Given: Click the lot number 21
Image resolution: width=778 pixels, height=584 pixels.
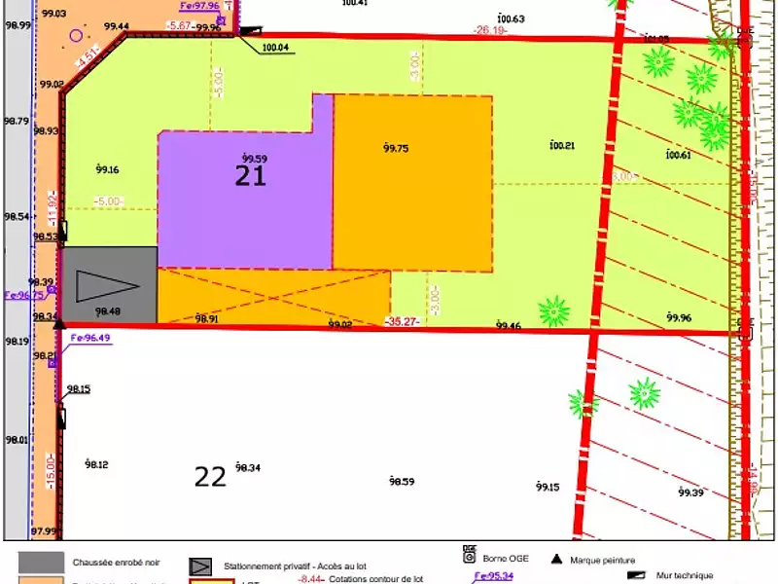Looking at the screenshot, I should coord(250,175).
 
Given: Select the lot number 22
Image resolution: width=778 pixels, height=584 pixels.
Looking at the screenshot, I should coord(210,476).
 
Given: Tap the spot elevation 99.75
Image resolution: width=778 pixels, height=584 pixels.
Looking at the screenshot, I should coord(396,148).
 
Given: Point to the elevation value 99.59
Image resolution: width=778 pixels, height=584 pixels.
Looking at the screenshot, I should coord(255,159).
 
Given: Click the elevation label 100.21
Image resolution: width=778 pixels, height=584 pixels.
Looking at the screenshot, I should coord(562,146).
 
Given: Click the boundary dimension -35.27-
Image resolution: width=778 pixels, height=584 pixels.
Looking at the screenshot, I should coord(404,320).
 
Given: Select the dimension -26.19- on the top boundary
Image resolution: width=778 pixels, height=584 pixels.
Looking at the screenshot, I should coord(490,30).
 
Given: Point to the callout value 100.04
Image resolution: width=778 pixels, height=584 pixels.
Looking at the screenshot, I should coord(275,47).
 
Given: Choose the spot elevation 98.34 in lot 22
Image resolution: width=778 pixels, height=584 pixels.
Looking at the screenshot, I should coord(248,468).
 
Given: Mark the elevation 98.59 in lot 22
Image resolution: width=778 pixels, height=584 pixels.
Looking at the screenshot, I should coord(402,481).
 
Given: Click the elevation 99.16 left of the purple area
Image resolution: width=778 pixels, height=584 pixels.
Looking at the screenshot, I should coord(107,170).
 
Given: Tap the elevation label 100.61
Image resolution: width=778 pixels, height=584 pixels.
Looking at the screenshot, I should coord(678,155).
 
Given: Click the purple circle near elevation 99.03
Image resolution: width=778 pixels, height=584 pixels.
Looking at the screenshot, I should coord(76,36).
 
